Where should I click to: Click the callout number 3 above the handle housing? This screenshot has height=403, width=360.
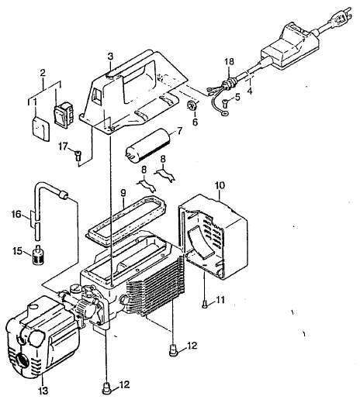point(110,57)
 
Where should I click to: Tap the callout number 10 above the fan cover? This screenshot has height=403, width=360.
point(220,185)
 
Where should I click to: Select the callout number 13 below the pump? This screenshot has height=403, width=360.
point(43,391)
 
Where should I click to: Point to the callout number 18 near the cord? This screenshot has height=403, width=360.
point(229,61)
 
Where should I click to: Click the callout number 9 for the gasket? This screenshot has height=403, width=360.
point(123,193)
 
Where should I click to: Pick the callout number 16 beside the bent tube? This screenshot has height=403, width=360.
point(16,214)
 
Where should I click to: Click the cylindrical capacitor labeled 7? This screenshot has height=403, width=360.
point(148,146)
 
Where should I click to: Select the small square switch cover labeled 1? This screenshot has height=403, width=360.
point(41,129)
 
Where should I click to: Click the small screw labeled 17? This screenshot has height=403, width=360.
point(78,156)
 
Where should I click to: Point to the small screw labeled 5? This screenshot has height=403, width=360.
point(226,104)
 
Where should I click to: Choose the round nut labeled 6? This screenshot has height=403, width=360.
point(192,105)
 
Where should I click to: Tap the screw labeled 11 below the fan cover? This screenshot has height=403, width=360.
point(204,305)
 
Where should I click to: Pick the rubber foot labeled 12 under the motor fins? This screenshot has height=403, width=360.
point(173,350)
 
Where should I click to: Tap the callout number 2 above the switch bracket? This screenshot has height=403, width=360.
point(43,73)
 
